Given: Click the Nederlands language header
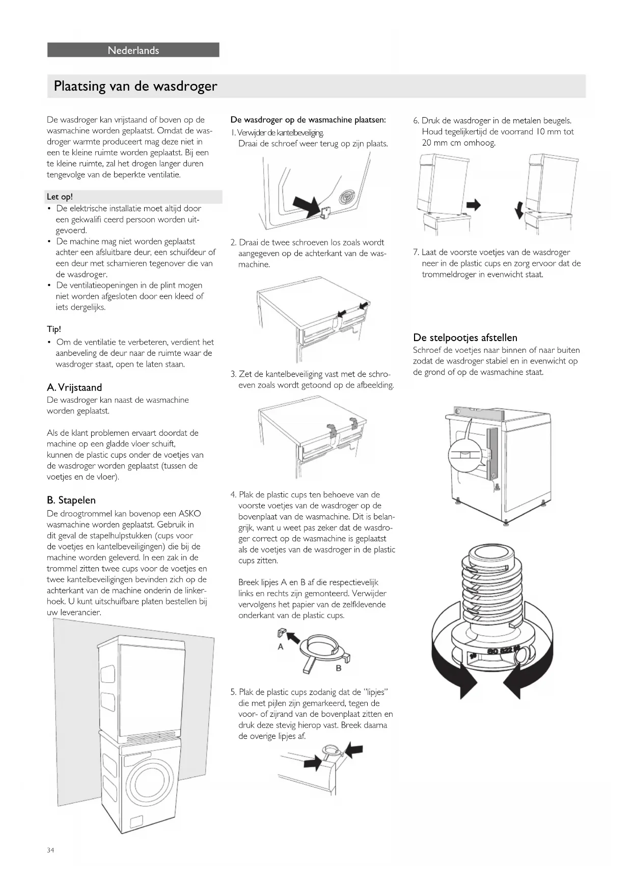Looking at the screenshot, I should click(x=133, y=50).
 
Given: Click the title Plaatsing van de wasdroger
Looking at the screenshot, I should click(x=135, y=86).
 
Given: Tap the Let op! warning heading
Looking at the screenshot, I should click(x=60, y=197).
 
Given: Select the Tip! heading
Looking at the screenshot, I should click(x=54, y=329).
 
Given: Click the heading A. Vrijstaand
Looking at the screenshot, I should click(x=74, y=387).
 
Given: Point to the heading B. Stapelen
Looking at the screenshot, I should click(x=71, y=500).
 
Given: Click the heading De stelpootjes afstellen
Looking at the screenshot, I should click(x=465, y=338).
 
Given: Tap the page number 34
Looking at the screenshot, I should click(x=50, y=850).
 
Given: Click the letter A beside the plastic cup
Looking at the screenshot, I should click(x=280, y=647).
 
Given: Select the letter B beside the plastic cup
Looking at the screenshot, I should click(x=338, y=668).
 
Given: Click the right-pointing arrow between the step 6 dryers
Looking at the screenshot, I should click(x=474, y=205).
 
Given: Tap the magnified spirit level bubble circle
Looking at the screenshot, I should click(x=464, y=454).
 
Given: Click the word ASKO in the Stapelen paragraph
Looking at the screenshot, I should click(x=189, y=514).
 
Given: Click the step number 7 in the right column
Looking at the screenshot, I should click(x=416, y=253).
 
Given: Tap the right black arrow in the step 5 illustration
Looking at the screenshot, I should click(x=354, y=750).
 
